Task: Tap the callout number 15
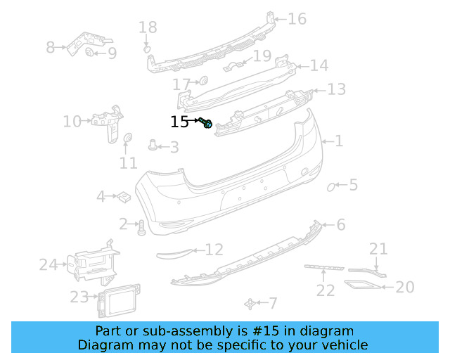179,122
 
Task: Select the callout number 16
297,19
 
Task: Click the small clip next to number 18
147,49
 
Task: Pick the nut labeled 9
91,53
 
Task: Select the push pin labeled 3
153,146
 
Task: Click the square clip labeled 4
121,196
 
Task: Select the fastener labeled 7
249,303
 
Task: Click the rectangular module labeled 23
117,299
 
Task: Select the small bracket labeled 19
238,66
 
